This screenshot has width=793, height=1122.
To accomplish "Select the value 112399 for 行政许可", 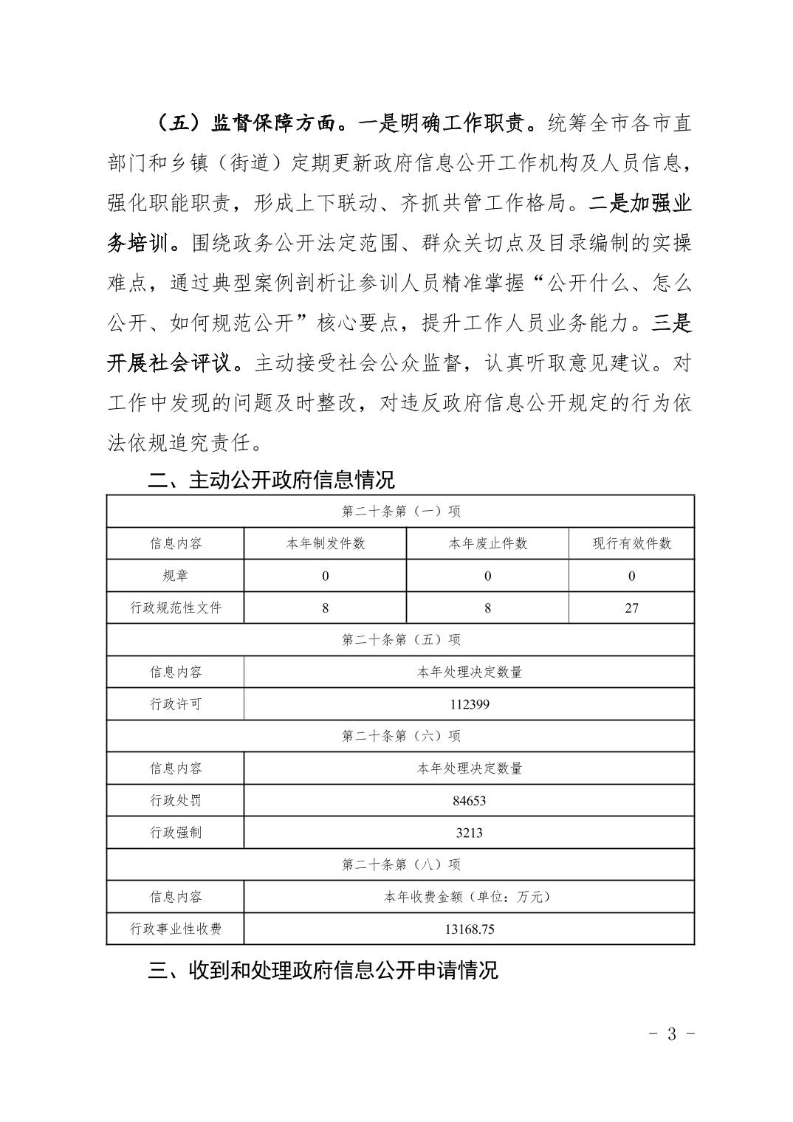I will click(x=469, y=704).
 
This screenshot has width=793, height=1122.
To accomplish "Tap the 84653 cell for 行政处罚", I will click(x=469, y=800).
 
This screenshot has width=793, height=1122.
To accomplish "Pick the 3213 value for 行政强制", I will click(x=469, y=833).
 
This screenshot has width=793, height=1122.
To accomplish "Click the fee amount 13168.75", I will click(x=469, y=929).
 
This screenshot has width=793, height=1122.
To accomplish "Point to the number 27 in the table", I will click(x=631, y=608).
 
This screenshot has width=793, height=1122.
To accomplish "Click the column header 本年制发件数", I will click(x=325, y=544).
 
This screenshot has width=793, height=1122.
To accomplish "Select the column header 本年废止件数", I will click(x=487, y=544).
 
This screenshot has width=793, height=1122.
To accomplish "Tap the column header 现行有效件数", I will click(x=631, y=544).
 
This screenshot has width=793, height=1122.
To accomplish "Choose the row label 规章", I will click(x=176, y=576).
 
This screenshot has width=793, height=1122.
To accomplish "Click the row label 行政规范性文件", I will click(x=176, y=608).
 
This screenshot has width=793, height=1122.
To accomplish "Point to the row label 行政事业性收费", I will click(x=176, y=929).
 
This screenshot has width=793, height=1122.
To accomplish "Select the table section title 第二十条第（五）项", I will click(x=401, y=640).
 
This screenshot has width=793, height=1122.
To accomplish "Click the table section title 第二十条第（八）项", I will click(x=401, y=864).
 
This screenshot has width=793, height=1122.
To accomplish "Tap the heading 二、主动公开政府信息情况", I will click(x=272, y=480).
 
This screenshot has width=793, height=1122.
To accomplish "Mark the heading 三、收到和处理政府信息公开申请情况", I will click(x=323, y=969).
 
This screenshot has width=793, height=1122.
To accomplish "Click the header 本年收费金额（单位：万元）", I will click(x=469, y=897).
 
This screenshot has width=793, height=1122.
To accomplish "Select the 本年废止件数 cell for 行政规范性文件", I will click(x=487, y=608).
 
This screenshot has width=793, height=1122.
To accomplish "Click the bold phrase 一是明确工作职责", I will click(x=452, y=123).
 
